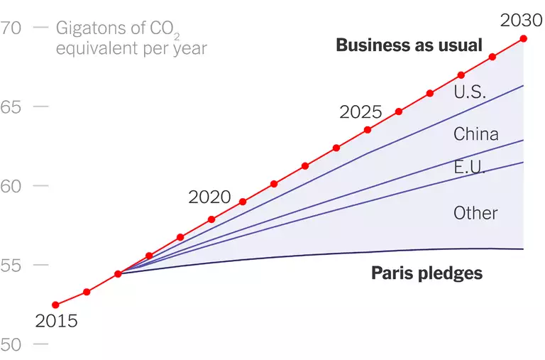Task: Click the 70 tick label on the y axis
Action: point(12,28)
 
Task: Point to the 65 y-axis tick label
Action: point(12,107)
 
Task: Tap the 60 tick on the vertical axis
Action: point(12,186)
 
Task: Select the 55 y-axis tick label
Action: point(12,265)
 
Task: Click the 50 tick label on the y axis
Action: point(12,344)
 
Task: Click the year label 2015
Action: point(56,321)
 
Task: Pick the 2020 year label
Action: point(209,197)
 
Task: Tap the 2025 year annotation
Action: point(360,112)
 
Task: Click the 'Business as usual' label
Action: point(409,45)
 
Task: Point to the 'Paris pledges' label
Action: point(426,273)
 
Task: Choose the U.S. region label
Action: point(469,92)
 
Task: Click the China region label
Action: point(476,134)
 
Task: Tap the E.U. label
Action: point(470,168)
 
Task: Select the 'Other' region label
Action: point(475,213)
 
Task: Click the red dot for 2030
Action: point(524,38)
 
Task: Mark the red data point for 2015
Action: point(55,305)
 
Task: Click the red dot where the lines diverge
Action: point(118,273)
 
